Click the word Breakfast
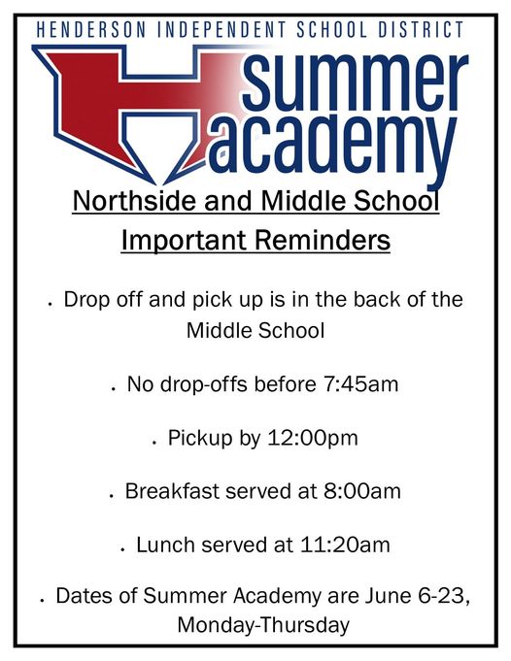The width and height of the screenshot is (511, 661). pos(172,491)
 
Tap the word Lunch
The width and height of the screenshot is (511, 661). pos(166,545)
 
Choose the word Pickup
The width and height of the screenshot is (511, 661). pos(199,438)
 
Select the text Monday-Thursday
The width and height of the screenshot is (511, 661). pos(262,625)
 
